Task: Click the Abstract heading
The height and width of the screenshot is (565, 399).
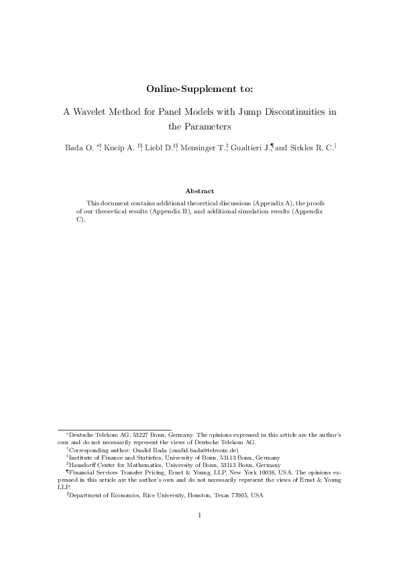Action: [199, 191]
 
